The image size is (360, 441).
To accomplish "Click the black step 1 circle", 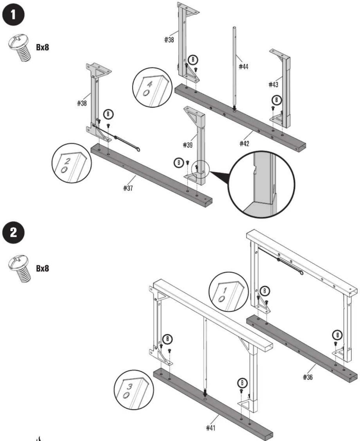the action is (14, 15).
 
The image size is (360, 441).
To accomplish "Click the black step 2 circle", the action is (14, 232).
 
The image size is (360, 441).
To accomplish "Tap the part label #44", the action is (243, 67).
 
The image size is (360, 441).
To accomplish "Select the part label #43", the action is (273, 85).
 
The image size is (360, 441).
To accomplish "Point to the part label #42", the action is (244, 143).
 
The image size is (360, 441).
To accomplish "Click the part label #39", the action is (188, 145).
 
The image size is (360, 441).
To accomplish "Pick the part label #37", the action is (128, 188).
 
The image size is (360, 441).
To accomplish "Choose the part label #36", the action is (308, 377).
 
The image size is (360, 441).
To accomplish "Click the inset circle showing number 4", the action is (152, 87).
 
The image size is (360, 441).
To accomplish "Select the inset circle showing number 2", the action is (72, 163).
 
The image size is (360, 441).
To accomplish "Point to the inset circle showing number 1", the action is (229, 292).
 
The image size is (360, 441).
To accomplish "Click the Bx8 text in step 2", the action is (43, 268).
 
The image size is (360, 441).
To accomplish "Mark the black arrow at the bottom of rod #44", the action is (234, 108).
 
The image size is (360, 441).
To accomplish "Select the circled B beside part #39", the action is (179, 163).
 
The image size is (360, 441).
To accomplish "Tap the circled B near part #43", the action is (276, 100).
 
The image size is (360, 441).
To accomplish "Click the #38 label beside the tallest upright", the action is (169, 40).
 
